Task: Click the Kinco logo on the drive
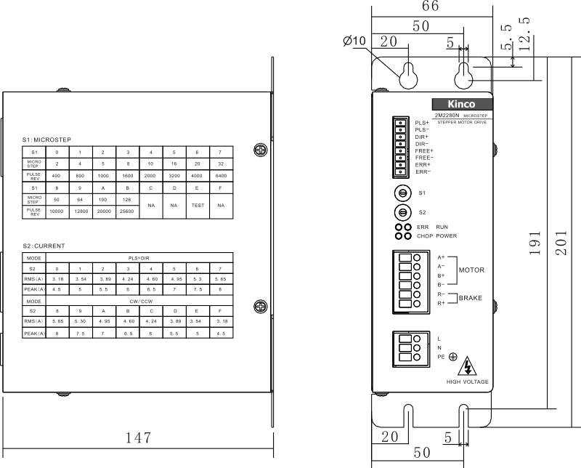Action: tap(459, 104)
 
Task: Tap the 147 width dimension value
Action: tap(137, 437)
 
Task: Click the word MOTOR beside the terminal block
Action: tap(471, 270)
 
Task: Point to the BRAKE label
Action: tap(471, 298)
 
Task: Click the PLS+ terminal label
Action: tap(422, 122)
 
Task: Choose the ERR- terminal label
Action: tap(423, 172)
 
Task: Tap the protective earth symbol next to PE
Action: tap(452, 356)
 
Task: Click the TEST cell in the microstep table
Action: tap(197, 205)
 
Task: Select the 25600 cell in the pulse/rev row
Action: tap(127, 210)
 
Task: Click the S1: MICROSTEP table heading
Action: tap(47, 139)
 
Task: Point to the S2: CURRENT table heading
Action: tap(44, 246)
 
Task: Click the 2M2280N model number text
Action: tap(449, 116)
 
